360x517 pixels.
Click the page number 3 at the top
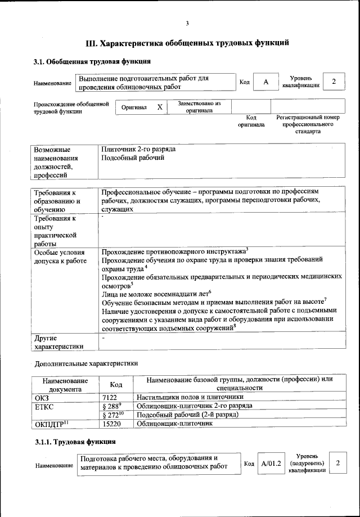click(187, 23)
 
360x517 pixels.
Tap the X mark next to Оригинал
click(160, 107)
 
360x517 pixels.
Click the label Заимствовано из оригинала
click(199, 107)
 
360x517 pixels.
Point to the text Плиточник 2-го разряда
click(138, 150)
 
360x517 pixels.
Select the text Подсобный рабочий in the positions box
click(133, 159)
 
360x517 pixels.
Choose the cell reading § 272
click(112, 415)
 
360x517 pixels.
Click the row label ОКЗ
click(42, 397)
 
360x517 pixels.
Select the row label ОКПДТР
click(51, 424)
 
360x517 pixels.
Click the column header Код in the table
click(116, 384)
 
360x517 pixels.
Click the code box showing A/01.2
click(271, 462)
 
